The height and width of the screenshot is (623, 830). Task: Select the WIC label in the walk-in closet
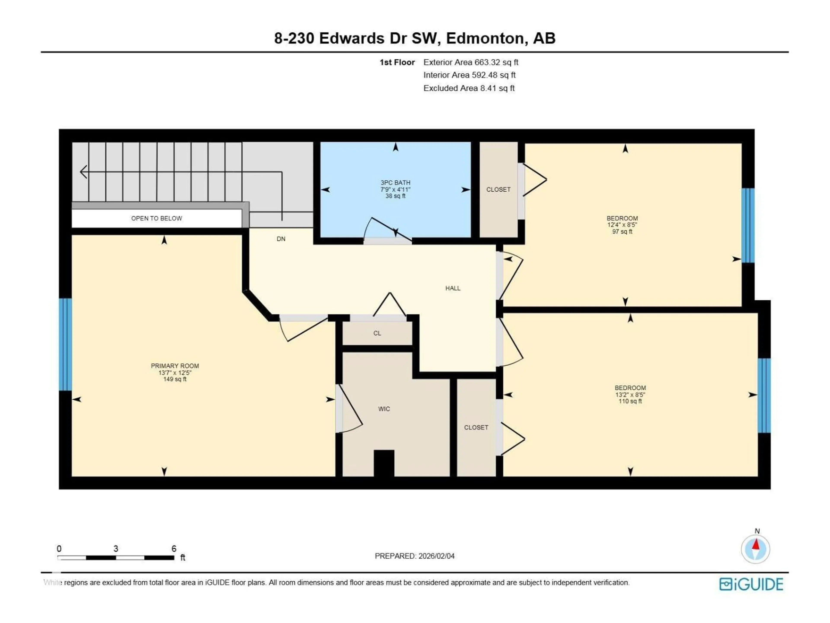click(384, 409)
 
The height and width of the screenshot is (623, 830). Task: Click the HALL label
click(453, 288)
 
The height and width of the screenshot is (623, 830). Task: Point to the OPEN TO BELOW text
click(156, 218)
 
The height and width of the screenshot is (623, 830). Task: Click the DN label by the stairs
click(281, 239)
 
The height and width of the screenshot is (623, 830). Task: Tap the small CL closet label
click(377, 333)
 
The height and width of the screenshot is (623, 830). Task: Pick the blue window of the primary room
click(65, 344)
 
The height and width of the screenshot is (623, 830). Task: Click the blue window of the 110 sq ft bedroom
click(764, 395)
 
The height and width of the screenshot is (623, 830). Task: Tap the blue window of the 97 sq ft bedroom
click(748, 225)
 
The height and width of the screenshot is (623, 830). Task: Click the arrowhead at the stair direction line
click(83, 172)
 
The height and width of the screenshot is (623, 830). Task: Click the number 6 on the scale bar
click(174, 549)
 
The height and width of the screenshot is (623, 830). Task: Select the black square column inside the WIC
click(384, 463)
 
